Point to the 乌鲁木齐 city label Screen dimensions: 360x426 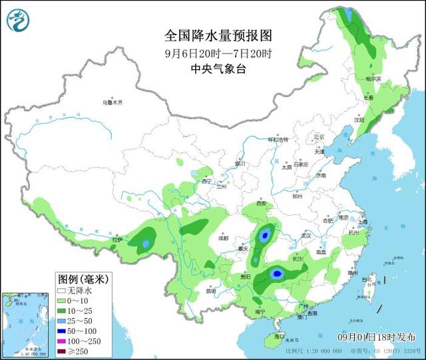(x=112, y=103)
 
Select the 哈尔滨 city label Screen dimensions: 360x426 (x=374, y=79)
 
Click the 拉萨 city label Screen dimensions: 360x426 (x=118, y=239)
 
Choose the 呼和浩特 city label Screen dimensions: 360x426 (x=278, y=140)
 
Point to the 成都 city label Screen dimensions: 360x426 (x=222, y=238)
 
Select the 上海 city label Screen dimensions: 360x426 (x=363, y=222)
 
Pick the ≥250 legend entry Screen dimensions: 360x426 (x=75, y=350)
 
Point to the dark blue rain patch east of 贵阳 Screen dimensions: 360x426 (x=277, y=273)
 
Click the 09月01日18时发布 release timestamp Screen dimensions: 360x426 (x=380, y=337)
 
